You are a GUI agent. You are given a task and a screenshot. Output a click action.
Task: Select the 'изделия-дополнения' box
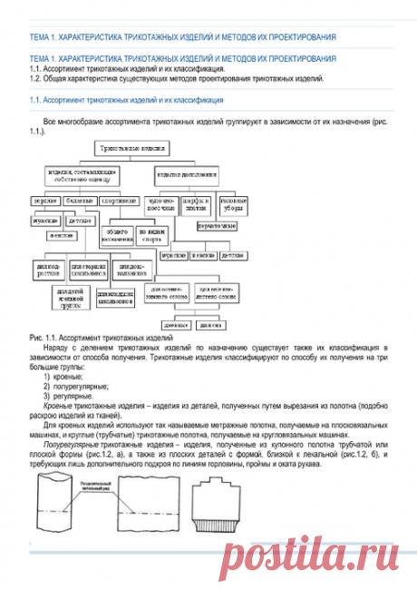click(189, 172)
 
